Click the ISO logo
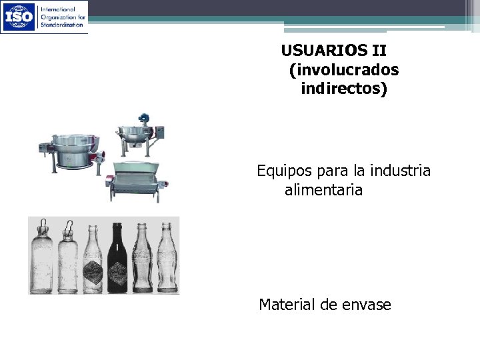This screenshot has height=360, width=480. (19, 17)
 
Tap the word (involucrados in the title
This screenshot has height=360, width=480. (345, 69)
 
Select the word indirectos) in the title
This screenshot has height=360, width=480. (343, 88)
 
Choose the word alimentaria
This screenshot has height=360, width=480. (323, 191)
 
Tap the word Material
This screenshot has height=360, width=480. (288, 305)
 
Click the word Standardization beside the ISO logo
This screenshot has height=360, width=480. (61, 24)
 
